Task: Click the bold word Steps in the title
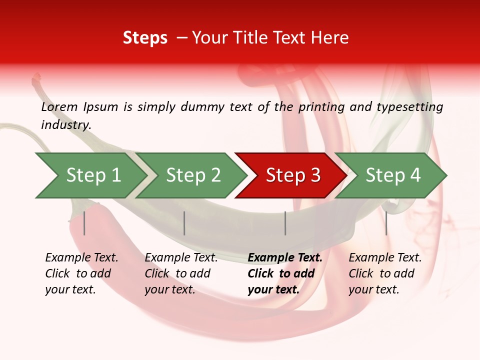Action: click(x=145, y=38)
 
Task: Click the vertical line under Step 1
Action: click(x=84, y=223)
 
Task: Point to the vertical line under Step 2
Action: click(x=184, y=223)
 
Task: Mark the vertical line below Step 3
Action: click(x=285, y=223)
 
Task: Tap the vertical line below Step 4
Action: click(x=386, y=223)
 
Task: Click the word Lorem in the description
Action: click(x=59, y=106)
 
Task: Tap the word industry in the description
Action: click(x=66, y=125)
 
